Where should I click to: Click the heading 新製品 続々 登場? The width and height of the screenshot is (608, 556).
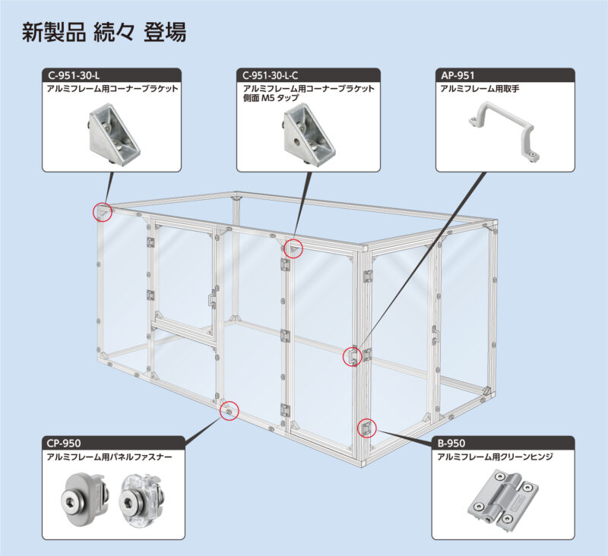[x=104, y=33]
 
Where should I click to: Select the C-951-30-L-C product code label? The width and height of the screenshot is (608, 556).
[x=271, y=75]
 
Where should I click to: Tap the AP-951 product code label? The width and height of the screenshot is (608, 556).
[x=458, y=75]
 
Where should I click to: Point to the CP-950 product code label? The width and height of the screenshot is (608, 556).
[x=65, y=443]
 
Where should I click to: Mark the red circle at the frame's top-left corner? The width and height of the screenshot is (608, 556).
[x=103, y=211]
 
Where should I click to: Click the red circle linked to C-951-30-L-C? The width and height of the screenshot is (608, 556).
[x=293, y=248]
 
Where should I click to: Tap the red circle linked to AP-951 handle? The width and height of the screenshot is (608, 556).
[x=352, y=355]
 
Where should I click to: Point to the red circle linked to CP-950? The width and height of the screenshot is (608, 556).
[x=229, y=411]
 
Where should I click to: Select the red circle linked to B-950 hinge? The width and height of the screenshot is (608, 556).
[x=366, y=427]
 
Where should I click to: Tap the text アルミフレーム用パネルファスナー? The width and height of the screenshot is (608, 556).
[x=109, y=457]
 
